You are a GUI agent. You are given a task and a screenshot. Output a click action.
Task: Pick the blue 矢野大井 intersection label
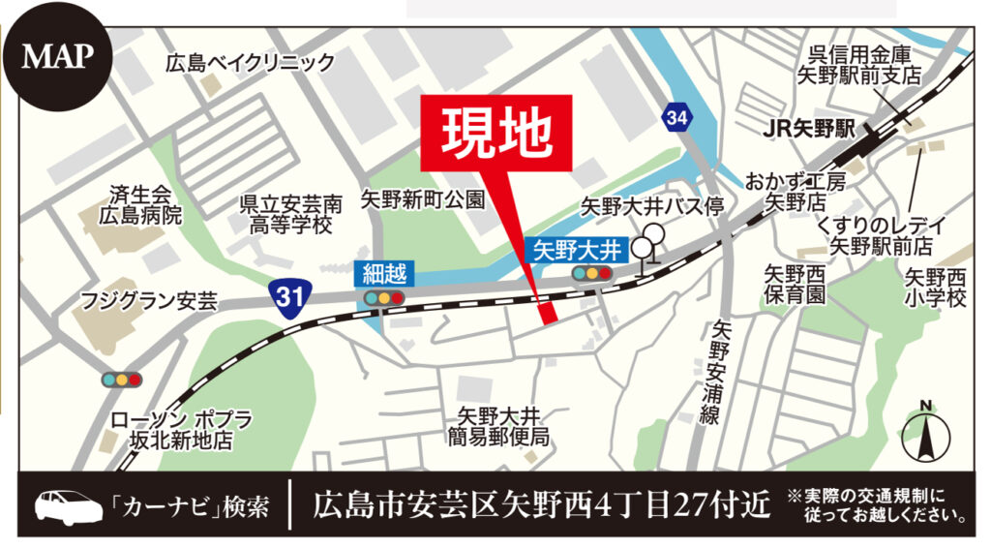(580, 249)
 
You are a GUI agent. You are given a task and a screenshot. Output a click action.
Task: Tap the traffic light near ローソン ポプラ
(122, 380)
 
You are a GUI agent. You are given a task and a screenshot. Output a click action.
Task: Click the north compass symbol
(925, 432)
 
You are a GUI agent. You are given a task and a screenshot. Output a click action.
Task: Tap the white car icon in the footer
(67, 505)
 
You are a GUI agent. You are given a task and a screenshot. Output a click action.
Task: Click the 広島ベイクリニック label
(250, 64)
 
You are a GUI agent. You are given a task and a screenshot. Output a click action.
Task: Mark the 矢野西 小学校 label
(936, 288)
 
